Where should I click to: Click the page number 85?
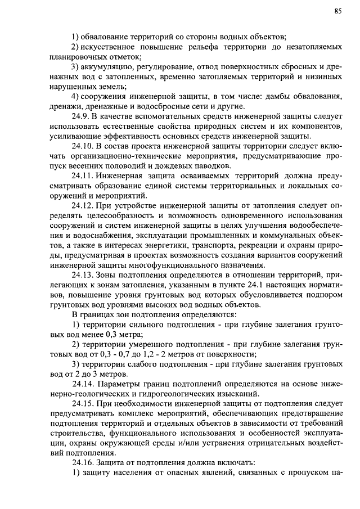pos(337,11)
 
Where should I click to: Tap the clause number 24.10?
pos(84,146)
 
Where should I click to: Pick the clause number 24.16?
pos(84,462)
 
